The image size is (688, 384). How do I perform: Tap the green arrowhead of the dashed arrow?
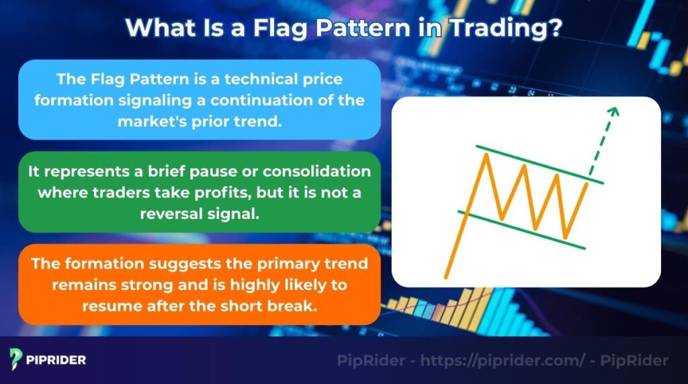[613, 110]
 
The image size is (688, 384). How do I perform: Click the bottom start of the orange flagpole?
[446, 275]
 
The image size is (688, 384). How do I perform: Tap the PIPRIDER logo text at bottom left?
[56, 361]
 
